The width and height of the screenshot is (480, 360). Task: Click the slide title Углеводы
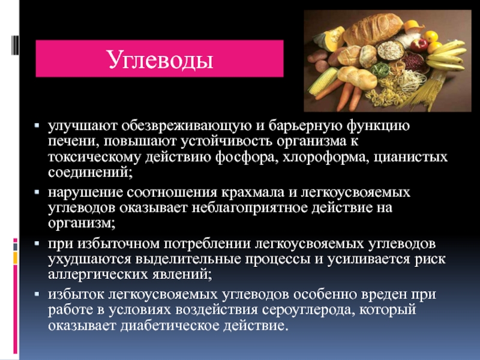pyautogui.click(x=160, y=59)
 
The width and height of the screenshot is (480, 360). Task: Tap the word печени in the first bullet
pyautogui.click(x=73, y=142)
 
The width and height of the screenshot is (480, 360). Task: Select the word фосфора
pyautogui.click(x=247, y=157)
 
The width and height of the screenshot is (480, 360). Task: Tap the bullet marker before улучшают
pyautogui.click(x=37, y=125)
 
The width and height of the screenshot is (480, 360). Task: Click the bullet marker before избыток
pyautogui.click(x=37, y=294)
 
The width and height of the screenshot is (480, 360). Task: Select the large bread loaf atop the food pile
pyautogui.click(x=373, y=29)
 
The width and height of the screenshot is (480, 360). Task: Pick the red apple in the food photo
pyautogui.click(x=419, y=44)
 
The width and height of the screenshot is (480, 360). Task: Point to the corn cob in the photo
pyautogui.click(x=322, y=81)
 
